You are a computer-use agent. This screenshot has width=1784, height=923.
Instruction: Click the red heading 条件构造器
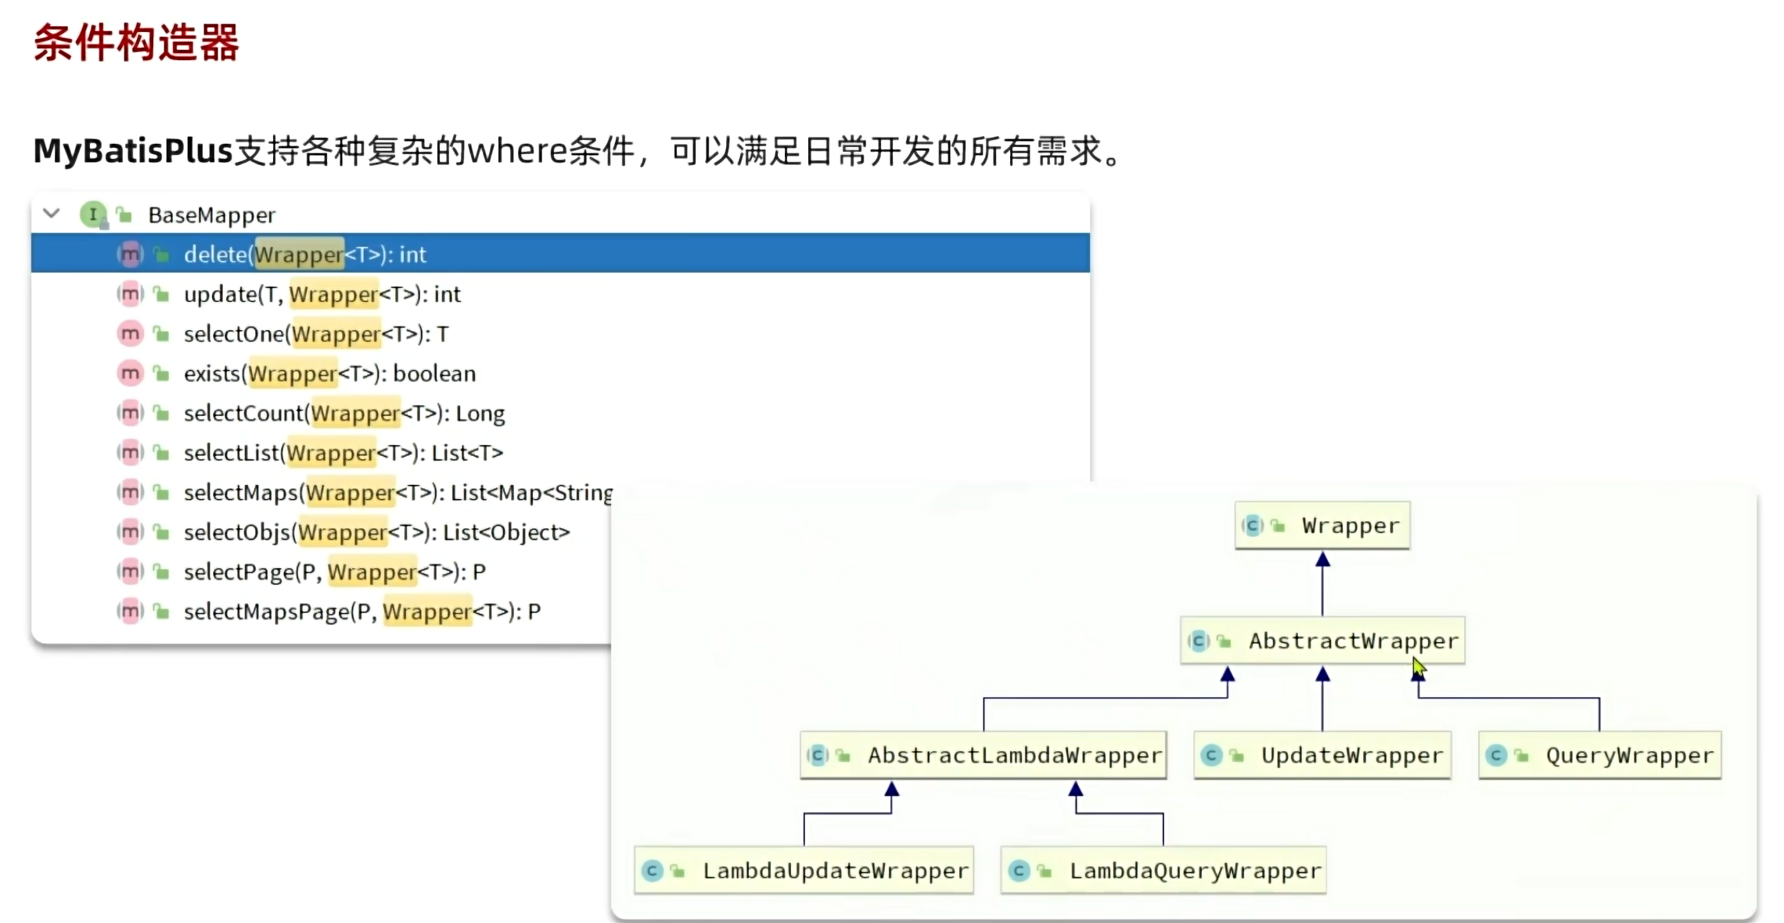[x=136, y=42]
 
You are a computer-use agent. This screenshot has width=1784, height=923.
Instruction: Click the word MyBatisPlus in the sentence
[x=133, y=150]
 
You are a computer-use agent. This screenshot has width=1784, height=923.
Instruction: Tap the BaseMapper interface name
[x=211, y=215]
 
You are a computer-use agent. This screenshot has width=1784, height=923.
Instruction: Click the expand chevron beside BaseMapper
[x=52, y=214]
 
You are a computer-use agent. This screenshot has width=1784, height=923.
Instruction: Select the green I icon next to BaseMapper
[x=93, y=214]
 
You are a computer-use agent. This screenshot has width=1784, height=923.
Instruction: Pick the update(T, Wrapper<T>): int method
[x=322, y=295]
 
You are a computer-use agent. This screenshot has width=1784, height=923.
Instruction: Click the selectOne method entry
[x=315, y=335]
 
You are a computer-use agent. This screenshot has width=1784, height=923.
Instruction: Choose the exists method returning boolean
[x=329, y=374]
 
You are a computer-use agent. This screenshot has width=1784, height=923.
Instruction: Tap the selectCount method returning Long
[x=343, y=414]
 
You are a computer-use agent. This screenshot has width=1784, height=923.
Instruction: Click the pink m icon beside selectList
[x=130, y=453]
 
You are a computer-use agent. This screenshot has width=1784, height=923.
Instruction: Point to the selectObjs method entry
[x=376, y=533]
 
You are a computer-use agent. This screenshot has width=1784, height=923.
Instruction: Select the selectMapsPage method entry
[x=361, y=612]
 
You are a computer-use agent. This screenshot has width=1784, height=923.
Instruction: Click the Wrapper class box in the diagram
[x=1322, y=526]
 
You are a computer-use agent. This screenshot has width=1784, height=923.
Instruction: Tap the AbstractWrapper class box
[x=1322, y=641]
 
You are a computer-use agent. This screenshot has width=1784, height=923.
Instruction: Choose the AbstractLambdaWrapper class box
[x=984, y=756]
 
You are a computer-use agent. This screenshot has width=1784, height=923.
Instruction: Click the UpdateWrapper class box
[x=1322, y=756]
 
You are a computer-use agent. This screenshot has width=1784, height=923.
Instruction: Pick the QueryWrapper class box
[x=1600, y=756]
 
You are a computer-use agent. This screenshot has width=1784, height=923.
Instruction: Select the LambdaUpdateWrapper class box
[x=804, y=871]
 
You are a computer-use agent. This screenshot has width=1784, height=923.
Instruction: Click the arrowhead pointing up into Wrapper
[x=1322, y=559]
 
